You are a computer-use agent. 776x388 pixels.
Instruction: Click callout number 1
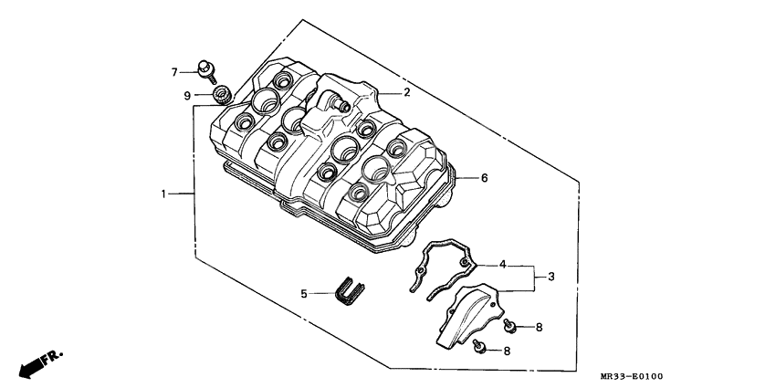[165, 194]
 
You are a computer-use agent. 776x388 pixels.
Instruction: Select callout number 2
[407, 92]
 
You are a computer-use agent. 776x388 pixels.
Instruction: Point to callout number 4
[502, 265]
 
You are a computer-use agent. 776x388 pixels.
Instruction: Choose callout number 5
[305, 294]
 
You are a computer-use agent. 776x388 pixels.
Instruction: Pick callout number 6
[485, 178]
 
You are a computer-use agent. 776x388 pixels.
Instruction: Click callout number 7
[173, 71]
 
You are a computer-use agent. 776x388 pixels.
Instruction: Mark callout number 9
[187, 95]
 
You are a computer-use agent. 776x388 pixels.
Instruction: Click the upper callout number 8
[540, 326]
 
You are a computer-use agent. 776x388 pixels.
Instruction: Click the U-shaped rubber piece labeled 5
[348, 288]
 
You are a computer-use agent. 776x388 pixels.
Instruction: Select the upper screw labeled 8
[511, 324]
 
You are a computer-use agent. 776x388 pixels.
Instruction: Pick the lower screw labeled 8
[480, 347]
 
